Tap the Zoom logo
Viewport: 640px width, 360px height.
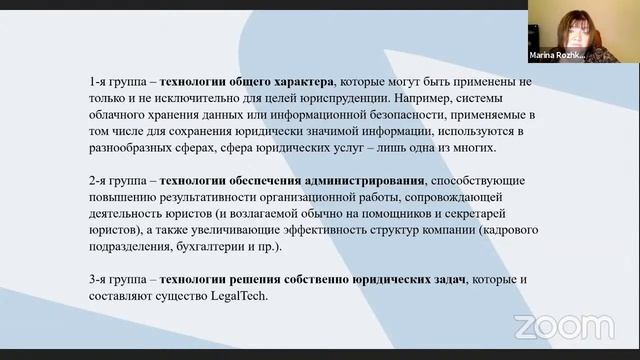point(548,326)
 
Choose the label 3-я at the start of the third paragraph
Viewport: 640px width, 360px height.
point(99,279)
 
